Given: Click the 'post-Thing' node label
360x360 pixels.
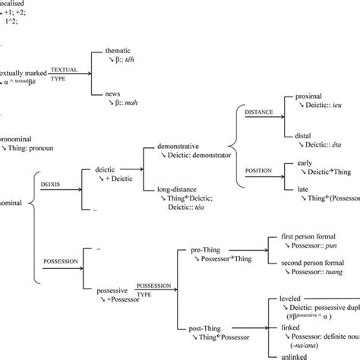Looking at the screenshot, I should pyautogui.click(x=195, y=327).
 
